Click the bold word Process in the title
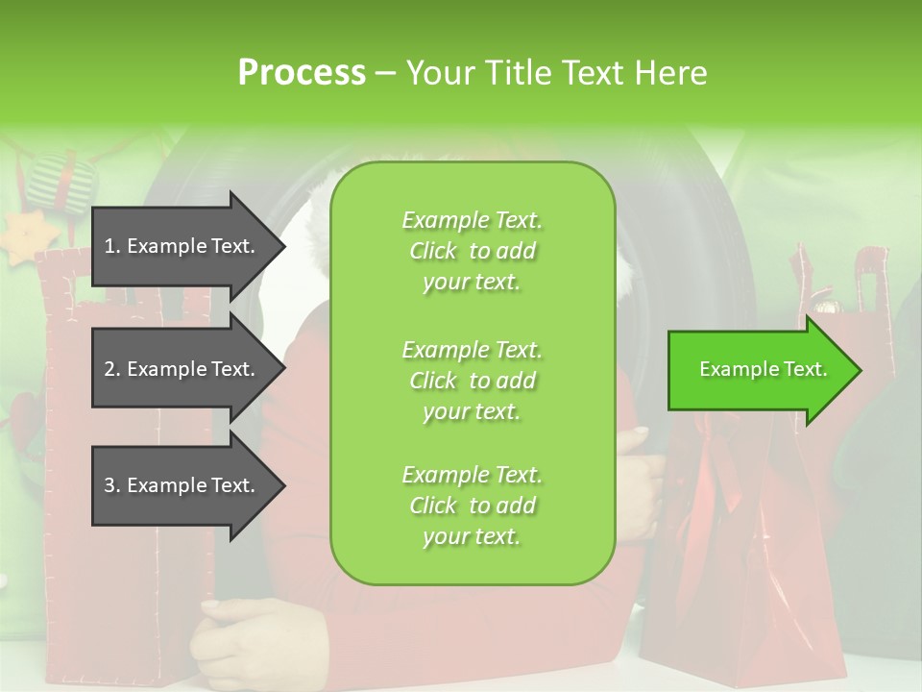coord(302,73)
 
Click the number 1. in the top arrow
coord(112,246)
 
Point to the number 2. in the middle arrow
coord(112,369)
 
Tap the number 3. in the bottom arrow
coord(112,485)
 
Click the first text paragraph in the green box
coord(472,251)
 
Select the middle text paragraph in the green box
coord(472,381)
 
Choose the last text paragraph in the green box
coord(472,506)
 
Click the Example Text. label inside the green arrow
coord(763,369)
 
